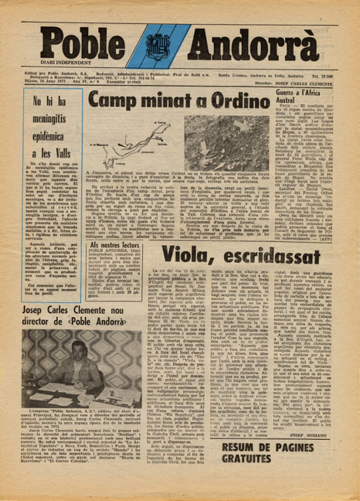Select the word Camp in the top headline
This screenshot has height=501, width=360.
click(112, 99)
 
